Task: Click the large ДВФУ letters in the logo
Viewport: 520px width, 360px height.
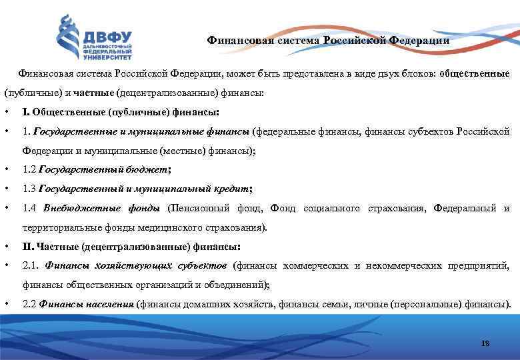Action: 107,36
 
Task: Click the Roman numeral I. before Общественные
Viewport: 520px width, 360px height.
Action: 25,111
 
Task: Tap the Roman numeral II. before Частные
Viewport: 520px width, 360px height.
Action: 27,247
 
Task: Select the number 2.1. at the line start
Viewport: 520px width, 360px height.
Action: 31,266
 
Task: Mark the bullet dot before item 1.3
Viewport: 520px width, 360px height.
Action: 6,189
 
